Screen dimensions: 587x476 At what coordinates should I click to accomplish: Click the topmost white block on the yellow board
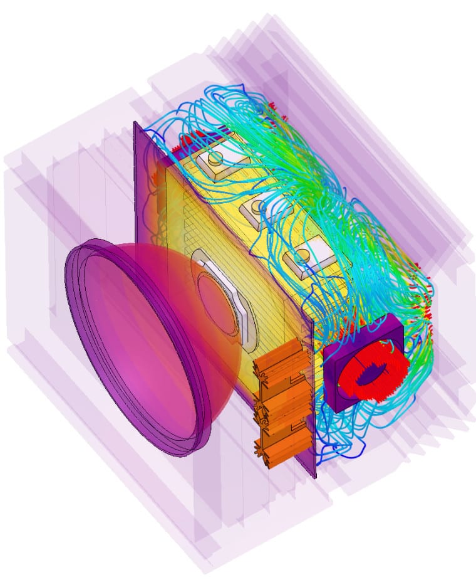tap(221, 162)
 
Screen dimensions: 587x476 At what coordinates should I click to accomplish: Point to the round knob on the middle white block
tap(261, 206)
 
